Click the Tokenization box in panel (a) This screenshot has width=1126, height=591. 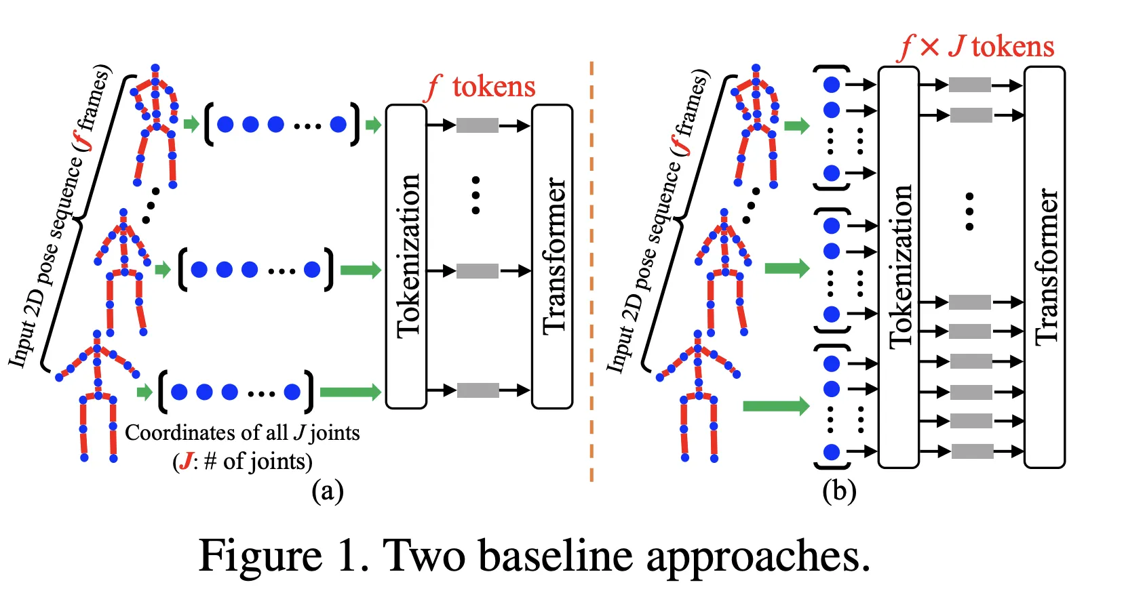tap(406, 256)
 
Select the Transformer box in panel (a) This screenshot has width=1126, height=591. tap(552, 256)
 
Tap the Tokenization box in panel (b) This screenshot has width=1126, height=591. tap(899, 267)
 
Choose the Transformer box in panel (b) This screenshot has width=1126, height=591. tap(1045, 267)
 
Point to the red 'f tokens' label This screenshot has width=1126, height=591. tap(480, 87)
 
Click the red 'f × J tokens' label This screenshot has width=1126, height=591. tap(977, 47)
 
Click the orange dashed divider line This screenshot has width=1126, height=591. tap(591, 271)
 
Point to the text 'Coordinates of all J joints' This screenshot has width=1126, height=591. tap(242, 433)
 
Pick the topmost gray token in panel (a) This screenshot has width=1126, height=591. tap(478, 125)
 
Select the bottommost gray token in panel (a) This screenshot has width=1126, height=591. tap(478, 390)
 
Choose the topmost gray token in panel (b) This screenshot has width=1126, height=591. tap(970, 85)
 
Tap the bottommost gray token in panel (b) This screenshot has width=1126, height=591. tap(972, 451)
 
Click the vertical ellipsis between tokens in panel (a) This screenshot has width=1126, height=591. tap(475, 196)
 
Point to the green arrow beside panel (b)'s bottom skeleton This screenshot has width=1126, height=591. tap(776, 406)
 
